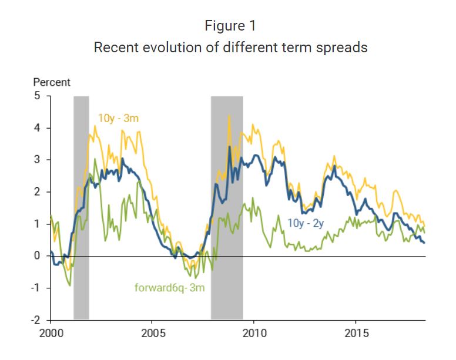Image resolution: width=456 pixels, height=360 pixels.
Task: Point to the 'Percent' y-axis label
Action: [x=51, y=83]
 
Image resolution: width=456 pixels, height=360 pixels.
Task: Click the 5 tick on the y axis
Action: [x=37, y=96]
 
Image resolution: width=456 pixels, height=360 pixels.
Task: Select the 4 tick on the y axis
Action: [x=37, y=128]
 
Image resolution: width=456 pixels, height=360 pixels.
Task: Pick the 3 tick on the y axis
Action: [x=37, y=160]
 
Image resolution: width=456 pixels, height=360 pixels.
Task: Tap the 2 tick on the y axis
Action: [x=37, y=192]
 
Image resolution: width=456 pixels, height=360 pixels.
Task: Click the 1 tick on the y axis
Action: [x=37, y=224]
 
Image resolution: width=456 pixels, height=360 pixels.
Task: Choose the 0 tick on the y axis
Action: [x=37, y=256]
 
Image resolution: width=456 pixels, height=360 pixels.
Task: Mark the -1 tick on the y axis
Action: [x=35, y=288]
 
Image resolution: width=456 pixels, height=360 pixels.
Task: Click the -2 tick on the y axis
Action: [x=35, y=320]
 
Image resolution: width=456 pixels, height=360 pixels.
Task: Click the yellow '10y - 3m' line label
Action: [x=118, y=119]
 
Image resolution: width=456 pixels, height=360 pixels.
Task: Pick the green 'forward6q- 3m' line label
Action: [x=167, y=288]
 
